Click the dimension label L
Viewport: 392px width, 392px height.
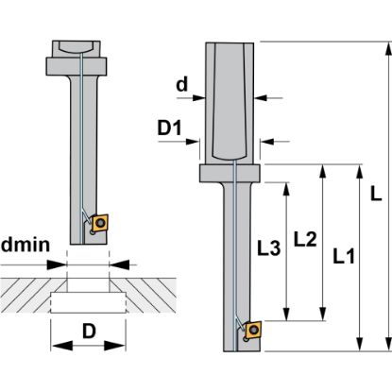coord(375,194)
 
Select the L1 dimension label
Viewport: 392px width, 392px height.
coord(344,256)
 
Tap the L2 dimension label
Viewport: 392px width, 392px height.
coord(305,239)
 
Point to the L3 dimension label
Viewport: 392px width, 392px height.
coord(268,247)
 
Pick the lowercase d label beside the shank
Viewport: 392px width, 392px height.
coord(182,84)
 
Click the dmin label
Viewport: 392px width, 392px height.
coord(26,245)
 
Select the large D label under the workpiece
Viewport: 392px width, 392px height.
coord(89,331)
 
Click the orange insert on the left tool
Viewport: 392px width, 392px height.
coord(100,223)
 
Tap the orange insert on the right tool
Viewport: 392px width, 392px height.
coord(253,330)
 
